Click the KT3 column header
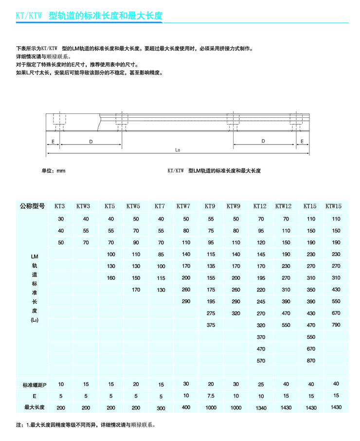tap(60, 206)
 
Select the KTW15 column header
tap(333, 206)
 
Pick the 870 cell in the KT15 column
tap(311, 361)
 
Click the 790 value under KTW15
tap(336, 325)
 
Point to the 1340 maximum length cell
tap(261, 408)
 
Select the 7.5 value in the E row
tap(211, 396)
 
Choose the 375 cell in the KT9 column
tap(211, 325)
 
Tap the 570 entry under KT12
tap(261, 361)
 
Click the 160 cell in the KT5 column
tap(111, 278)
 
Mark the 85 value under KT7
tap(161, 254)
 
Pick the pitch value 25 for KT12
tap(261, 385)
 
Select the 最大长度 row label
tap(35, 407)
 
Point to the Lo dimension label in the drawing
tap(178, 150)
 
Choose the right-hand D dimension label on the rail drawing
tap(263, 141)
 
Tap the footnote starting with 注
tap(86, 424)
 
